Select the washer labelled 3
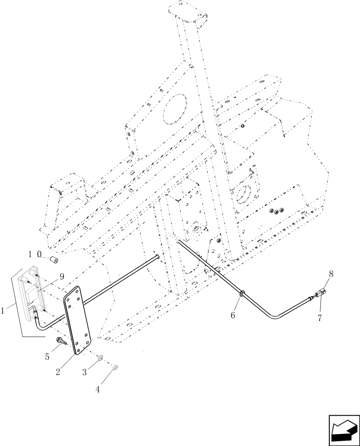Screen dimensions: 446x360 (101, 357)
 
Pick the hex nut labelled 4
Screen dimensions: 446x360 (114, 368)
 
